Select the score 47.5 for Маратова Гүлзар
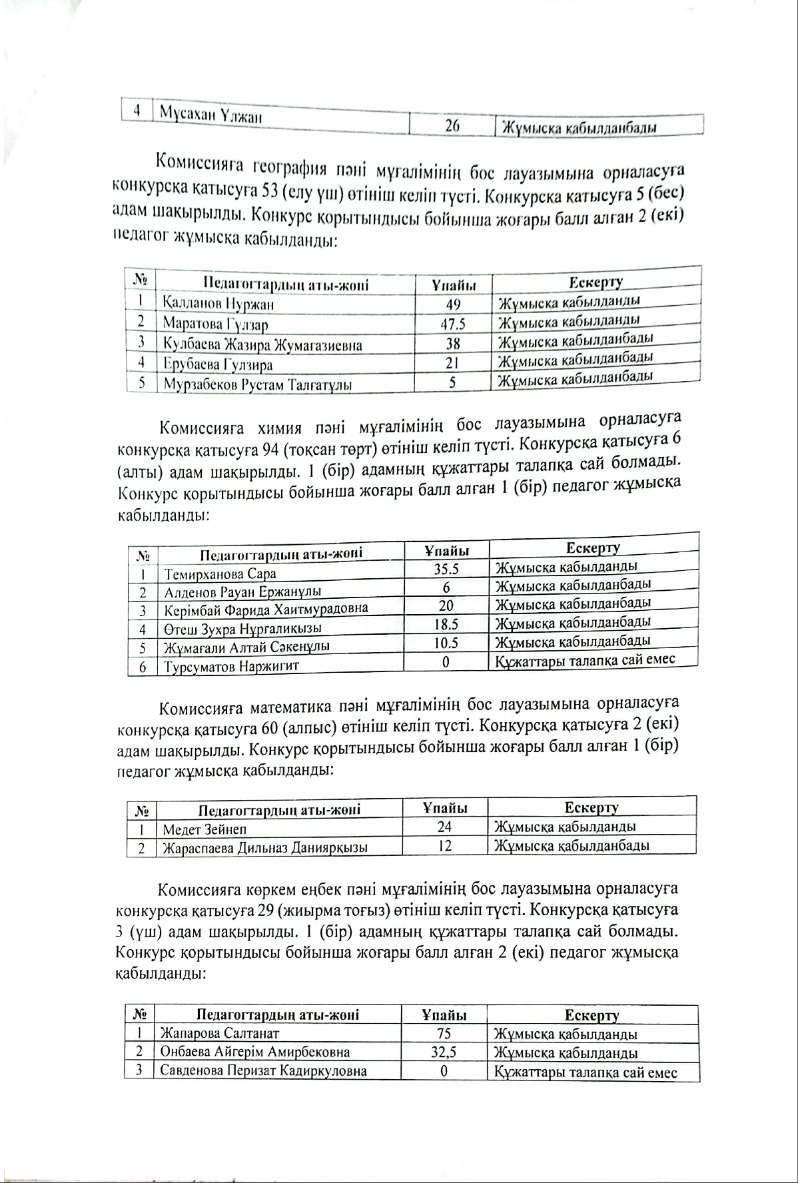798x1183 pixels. tap(453, 324)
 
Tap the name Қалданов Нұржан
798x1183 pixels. tap(218, 304)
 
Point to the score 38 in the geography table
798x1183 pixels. tap(453, 344)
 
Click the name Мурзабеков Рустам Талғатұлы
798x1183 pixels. tap(258, 384)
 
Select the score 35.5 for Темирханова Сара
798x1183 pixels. tap(446, 569)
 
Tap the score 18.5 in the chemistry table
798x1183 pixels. tap(446, 625)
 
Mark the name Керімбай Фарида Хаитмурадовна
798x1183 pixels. tap(266, 609)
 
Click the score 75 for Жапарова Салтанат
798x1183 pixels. tap(444, 1033)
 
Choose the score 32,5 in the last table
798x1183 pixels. tap(444, 1052)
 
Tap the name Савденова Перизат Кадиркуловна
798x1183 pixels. tap(264, 1071)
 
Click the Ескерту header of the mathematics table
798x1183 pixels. tap(592, 807)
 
